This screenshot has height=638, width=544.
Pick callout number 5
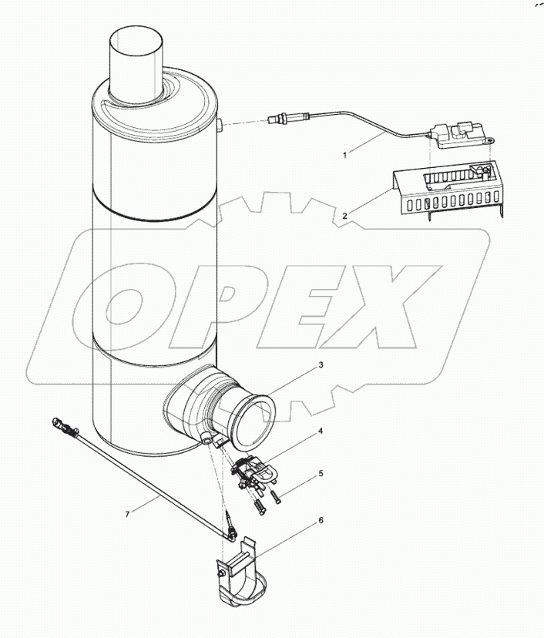click(x=321, y=475)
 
